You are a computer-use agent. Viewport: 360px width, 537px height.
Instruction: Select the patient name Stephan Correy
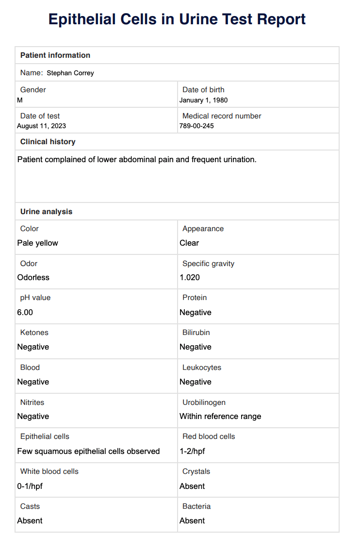coord(70,73)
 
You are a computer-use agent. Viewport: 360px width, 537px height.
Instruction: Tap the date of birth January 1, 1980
coord(203,100)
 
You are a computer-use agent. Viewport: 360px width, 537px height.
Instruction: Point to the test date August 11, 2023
coord(41,126)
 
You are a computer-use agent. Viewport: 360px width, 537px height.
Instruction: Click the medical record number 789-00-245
coord(196,126)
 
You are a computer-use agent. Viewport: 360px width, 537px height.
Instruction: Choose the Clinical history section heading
coord(48,142)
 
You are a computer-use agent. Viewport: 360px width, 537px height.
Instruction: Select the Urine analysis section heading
coord(46,212)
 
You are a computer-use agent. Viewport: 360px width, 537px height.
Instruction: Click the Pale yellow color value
coord(37,243)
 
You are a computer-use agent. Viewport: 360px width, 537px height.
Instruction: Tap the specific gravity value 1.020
coord(190,277)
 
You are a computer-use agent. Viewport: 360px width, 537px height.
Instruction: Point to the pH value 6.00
coord(25,312)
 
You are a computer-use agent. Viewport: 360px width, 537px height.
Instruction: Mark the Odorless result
coord(33,277)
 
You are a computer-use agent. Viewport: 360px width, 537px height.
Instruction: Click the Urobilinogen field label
coord(204,402)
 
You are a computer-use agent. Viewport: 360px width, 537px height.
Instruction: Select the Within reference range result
coord(220,416)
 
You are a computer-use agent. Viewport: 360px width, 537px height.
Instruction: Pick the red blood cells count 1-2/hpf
coord(192,451)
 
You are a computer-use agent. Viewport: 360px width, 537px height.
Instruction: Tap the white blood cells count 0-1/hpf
coord(30,486)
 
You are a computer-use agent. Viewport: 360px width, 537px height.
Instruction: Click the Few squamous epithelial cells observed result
coord(88,451)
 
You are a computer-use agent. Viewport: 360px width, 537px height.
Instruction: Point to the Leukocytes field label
coord(202,367)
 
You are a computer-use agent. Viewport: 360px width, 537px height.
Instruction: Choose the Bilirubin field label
coord(196,333)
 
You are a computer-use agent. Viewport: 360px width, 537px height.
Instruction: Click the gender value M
coord(20,100)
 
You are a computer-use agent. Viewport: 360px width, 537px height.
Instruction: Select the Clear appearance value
coord(189,243)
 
